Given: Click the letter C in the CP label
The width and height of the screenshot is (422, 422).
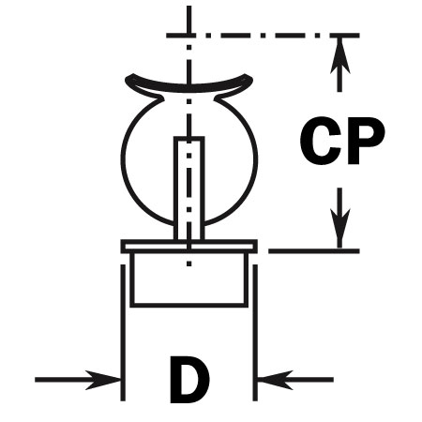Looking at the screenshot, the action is point(320,141).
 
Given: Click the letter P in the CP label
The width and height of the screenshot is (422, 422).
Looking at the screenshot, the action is point(365,141).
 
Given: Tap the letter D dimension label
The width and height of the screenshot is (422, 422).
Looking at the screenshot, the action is point(189,380).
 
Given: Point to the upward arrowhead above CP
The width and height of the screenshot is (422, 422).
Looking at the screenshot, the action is point(339,56).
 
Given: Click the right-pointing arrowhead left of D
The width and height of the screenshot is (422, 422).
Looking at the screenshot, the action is point(103,380).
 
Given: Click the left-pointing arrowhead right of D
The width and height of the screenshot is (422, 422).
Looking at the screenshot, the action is point(275,380).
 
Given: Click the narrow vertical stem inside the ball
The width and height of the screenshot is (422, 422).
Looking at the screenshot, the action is point(189,188).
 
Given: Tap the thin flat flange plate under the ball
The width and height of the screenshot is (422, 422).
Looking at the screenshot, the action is point(189,246).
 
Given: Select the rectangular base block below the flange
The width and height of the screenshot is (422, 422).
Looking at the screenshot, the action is point(189,279).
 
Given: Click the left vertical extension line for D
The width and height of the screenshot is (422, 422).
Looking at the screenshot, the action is point(123,333).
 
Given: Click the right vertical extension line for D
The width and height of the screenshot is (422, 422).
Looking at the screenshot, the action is point(255,333).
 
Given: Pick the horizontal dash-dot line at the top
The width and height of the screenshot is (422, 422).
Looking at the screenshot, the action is point(263,36).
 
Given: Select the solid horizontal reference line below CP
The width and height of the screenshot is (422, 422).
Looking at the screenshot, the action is point(314,250).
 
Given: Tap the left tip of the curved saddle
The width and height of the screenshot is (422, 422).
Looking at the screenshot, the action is point(128,79).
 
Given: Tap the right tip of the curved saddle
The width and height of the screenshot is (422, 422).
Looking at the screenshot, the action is point(250,79).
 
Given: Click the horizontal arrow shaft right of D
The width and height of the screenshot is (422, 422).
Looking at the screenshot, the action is point(295,380).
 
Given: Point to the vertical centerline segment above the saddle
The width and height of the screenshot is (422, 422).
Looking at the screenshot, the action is point(188,44).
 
